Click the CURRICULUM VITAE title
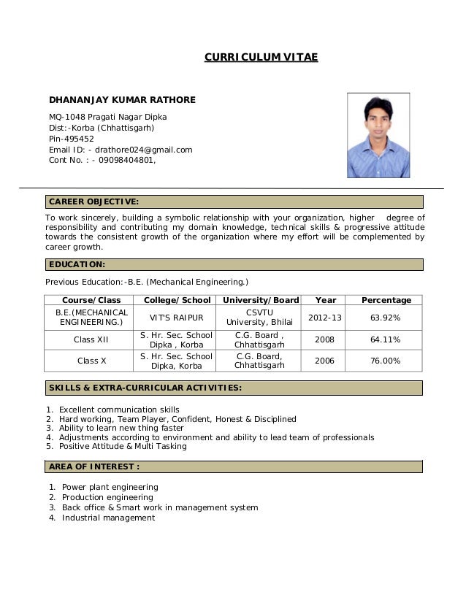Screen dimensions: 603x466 point(261,57)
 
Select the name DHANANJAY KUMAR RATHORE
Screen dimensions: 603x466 point(122,99)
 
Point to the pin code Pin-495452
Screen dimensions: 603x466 point(71,139)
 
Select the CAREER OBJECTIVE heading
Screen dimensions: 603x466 point(93,201)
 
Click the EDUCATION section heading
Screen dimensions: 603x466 point(77,264)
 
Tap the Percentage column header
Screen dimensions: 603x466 point(386,300)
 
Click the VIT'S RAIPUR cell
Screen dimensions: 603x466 point(177,318)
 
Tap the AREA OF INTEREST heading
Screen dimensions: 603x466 point(93,466)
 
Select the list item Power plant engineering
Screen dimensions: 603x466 point(110,487)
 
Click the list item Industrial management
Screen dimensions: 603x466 point(108,518)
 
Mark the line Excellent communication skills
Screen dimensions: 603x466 point(118,409)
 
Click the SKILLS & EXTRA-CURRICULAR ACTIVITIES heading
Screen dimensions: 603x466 point(145,388)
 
